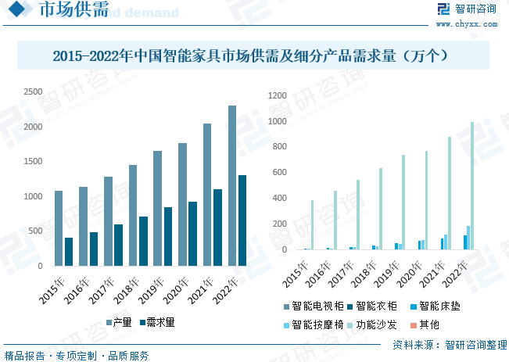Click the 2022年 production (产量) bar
[232, 186]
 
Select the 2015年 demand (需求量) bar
[69, 252]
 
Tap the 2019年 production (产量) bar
[158, 208]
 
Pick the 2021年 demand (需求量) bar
[217, 228]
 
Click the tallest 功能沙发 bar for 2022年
[472, 186]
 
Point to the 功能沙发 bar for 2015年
[312, 225]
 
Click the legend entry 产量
[118, 322]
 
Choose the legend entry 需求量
[156, 322]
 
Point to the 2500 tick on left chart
[33, 92]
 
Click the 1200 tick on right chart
[278, 95]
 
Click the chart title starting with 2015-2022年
[253, 56]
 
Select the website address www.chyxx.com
[475, 24]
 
